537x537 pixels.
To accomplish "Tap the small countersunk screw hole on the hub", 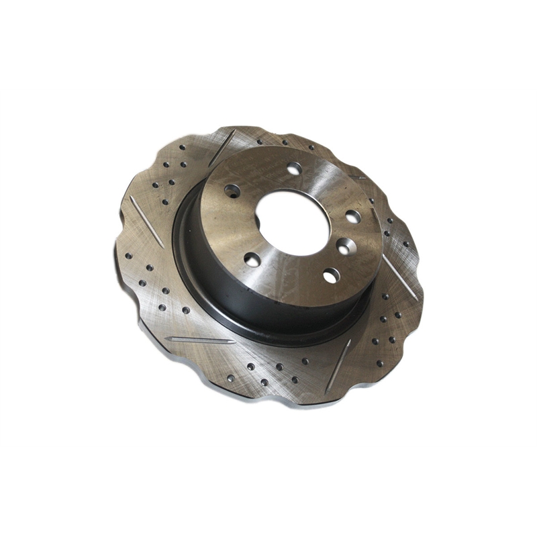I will pos(344,246).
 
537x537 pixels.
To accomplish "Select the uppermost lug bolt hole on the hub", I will pos(293,168).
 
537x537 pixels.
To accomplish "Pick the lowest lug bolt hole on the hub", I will pos(331,275).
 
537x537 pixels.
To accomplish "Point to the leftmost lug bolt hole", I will pos(232,191).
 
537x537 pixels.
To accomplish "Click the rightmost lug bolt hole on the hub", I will pos(352,216).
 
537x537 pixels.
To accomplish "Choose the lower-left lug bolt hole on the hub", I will pos(253,259).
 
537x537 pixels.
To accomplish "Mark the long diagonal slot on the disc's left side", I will pos(146,222).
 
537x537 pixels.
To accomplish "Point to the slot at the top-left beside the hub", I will pos(222,148).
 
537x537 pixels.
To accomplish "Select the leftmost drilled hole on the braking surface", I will pos(128,255).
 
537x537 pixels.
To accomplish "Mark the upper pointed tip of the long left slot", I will pos(132,199).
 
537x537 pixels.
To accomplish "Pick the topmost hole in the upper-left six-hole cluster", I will pos(183,147).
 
